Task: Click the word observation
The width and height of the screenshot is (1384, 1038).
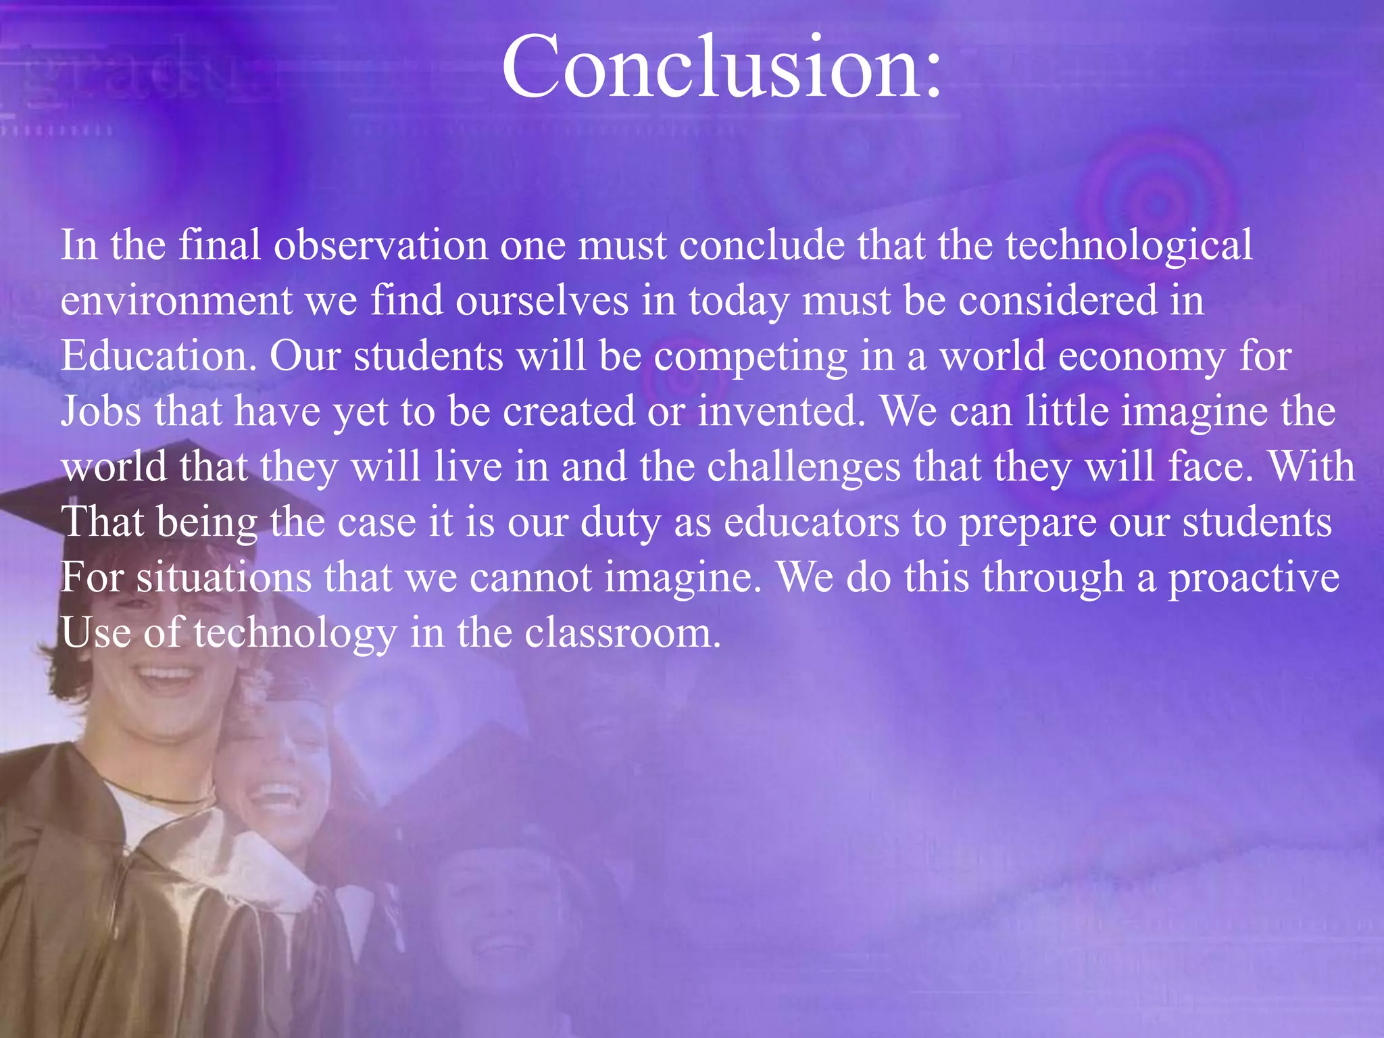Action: pos(380,245)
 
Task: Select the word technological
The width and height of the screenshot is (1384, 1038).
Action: pos(1129,245)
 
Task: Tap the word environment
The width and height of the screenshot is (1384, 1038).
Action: pos(177,301)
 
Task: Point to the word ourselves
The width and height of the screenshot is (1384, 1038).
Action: pos(542,301)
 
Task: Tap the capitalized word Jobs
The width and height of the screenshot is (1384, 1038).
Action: pos(101,412)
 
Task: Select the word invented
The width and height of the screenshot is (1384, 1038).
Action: pos(781,412)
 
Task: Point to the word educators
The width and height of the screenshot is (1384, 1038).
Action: pos(812,522)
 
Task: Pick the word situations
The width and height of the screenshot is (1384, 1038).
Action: pos(224,578)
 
